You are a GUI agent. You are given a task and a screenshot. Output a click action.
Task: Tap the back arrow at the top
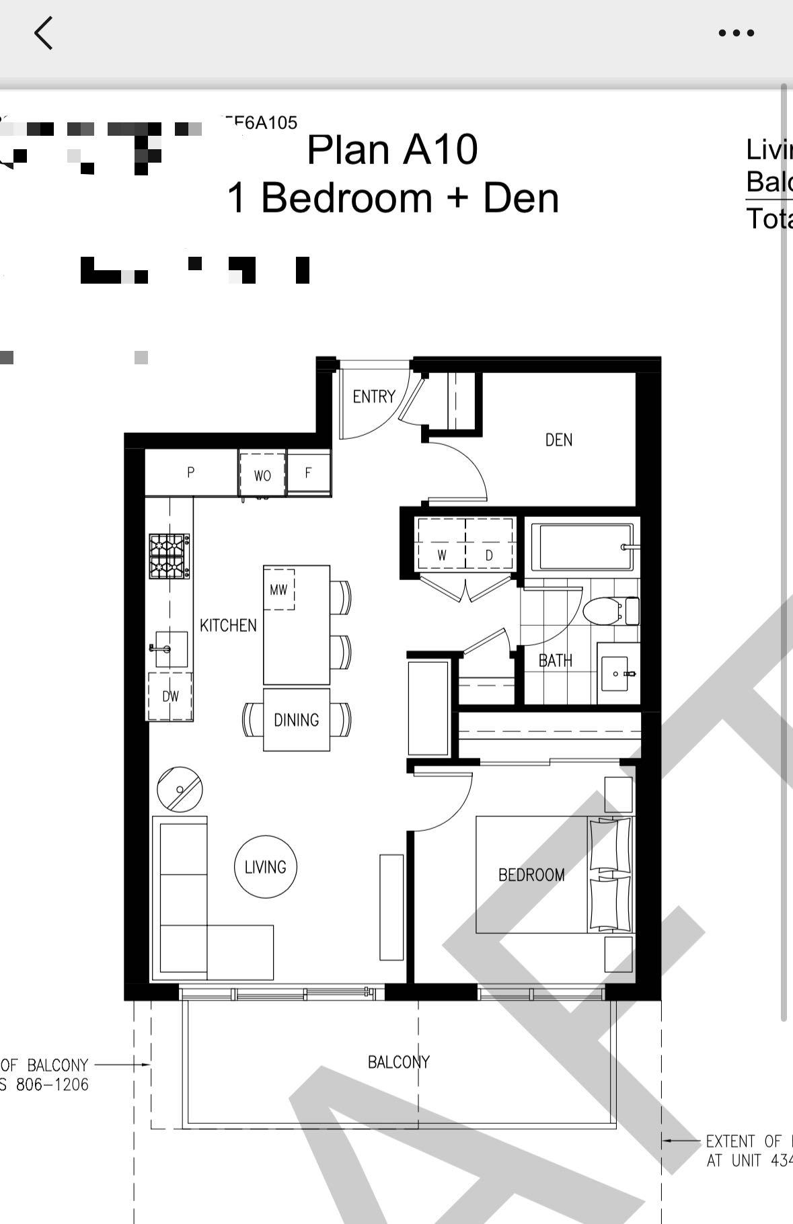pyautogui.click(x=44, y=33)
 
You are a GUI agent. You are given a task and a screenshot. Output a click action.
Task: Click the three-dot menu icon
pyautogui.click(x=736, y=33)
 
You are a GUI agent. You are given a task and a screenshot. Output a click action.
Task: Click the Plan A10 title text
pyautogui.click(x=392, y=149)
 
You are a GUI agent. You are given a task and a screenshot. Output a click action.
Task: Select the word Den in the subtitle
pyautogui.click(x=521, y=198)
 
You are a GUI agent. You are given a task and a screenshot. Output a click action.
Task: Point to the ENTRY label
pyautogui.click(x=374, y=397)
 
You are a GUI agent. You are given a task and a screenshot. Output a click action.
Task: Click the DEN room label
pyautogui.click(x=558, y=440)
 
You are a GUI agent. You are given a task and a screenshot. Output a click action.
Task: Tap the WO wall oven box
pyautogui.click(x=262, y=475)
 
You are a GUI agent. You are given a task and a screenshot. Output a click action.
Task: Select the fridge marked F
pyautogui.click(x=309, y=473)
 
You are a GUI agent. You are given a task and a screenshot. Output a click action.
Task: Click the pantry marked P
pyautogui.click(x=191, y=473)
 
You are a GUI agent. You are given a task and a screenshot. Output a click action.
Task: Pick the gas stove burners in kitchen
pyautogui.click(x=169, y=556)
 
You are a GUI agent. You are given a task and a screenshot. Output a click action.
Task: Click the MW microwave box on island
pyautogui.click(x=278, y=590)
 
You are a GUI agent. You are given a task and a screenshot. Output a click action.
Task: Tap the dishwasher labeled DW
pyautogui.click(x=170, y=696)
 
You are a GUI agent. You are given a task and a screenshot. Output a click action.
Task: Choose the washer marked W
pyautogui.click(x=442, y=555)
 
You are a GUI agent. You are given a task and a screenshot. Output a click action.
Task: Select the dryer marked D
pyautogui.click(x=489, y=555)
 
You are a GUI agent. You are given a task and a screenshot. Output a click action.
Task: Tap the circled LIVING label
pyautogui.click(x=265, y=867)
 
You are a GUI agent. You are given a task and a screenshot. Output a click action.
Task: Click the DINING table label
pyautogui.click(x=296, y=720)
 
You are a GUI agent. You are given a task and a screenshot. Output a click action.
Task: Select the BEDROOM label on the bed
pyautogui.click(x=531, y=874)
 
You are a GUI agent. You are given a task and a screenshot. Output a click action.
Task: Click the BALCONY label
pyautogui.click(x=398, y=1062)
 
